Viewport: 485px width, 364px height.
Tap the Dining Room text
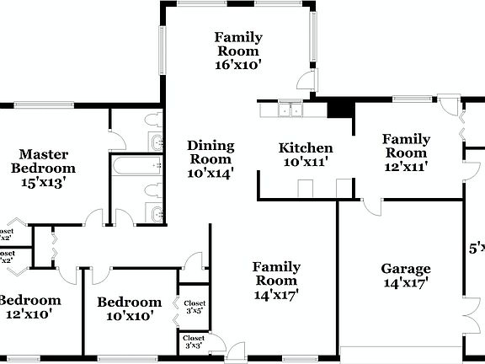(x=210, y=158)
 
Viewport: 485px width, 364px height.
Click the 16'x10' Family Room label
(x=238, y=50)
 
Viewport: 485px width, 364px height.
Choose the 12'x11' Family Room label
(x=406, y=153)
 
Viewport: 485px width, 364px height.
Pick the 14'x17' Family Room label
(x=275, y=281)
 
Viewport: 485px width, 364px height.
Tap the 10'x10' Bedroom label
(x=129, y=308)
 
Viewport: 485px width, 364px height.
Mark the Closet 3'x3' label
(x=194, y=342)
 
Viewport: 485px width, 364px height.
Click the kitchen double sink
(x=291, y=109)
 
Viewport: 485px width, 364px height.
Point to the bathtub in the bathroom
(x=137, y=165)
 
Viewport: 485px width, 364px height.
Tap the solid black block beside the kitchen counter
(x=339, y=107)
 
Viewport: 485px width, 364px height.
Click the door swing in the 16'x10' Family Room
(x=308, y=81)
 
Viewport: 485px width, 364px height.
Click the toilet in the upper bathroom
(x=155, y=120)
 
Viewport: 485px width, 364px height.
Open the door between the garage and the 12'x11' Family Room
(x=371, y=206)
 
